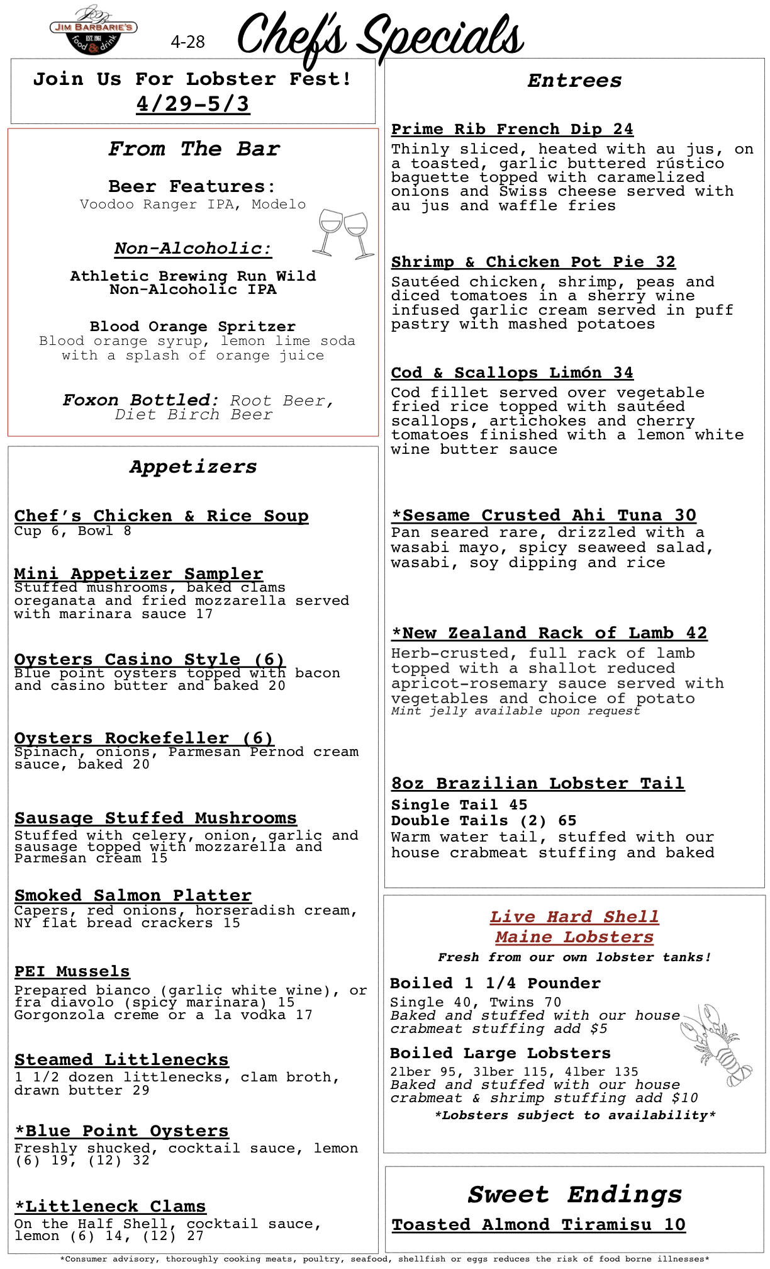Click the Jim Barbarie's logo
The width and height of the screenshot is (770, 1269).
coord(93,30)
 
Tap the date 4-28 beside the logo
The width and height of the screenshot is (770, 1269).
coord(187,42)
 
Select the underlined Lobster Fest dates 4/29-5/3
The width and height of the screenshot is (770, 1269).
coord(193,104)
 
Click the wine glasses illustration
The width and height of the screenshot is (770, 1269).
coord(343,234)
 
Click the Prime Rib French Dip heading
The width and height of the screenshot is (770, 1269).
coord(512,129)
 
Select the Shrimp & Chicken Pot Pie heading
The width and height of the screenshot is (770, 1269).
coord(533,262)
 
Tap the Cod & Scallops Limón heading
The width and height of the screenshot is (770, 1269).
coord(512,373)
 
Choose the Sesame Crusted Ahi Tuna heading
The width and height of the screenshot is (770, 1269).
coord(544,515)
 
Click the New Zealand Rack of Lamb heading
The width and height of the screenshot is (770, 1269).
coord(549,633)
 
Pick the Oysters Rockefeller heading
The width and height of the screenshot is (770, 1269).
coord(144,738)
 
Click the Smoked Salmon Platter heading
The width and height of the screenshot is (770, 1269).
coord(133,895)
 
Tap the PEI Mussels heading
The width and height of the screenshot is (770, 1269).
coord(72,971)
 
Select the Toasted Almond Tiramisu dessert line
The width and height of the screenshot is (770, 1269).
coord(538,1224)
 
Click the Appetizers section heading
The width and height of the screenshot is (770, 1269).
coord(193,466)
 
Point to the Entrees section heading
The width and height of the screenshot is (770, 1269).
coord(574,81)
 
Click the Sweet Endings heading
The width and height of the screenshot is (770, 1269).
coord(574,1194)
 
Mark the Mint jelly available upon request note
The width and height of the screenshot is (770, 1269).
coord(515,711)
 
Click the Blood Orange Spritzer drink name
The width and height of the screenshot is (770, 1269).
coord(192,327)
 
